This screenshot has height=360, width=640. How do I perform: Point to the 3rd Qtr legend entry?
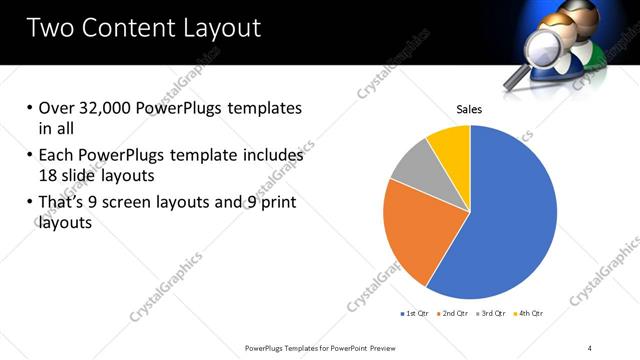[492, 314]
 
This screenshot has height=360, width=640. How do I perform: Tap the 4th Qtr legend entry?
[529, 314]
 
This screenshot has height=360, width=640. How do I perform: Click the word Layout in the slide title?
[226, 28]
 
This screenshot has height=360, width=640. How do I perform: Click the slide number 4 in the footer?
[589, 347]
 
